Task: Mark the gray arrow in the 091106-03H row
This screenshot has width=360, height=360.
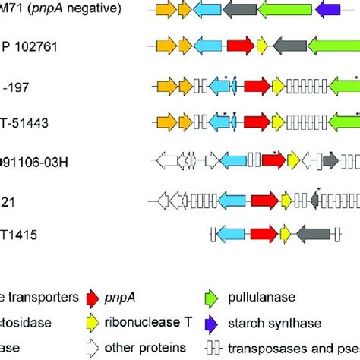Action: click(330, 160)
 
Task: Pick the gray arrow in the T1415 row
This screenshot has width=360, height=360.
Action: click(311, 234)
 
